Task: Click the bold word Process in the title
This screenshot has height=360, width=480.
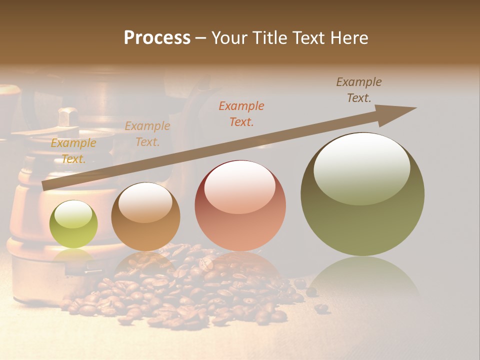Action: click(x=157, y=38)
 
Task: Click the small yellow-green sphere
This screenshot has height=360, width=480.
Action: click(x=73, y=224)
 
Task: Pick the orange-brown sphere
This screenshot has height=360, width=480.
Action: click(x=145, y=217)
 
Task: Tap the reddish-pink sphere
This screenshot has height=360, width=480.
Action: click(x=240, y=206)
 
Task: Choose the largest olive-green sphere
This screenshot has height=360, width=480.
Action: click(x=362, y=194)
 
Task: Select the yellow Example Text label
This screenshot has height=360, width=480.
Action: click(x=73, y=151)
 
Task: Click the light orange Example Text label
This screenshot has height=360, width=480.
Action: click(x=147, y=134)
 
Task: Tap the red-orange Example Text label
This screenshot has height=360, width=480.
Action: click(x=241, y=113)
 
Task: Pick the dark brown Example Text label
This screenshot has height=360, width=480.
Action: click(x=359, y=90)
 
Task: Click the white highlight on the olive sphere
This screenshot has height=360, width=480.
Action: click(x=361, y=168)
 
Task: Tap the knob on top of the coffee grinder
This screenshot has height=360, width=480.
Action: click(x=66, y=117)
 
